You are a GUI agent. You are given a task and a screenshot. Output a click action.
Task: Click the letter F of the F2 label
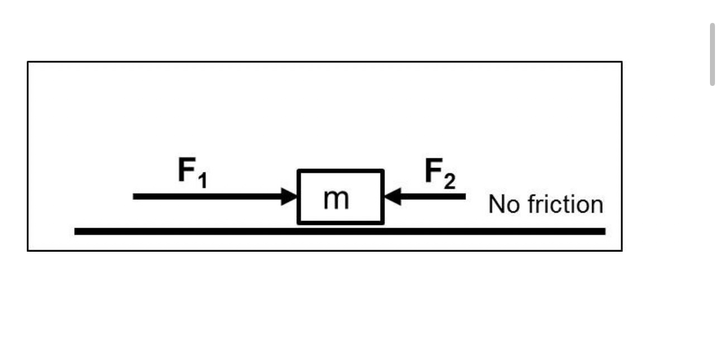tap(433, 170)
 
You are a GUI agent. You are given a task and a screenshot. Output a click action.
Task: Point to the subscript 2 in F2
tap(449, 181)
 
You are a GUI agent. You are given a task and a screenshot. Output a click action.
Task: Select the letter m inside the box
tap(337, 199)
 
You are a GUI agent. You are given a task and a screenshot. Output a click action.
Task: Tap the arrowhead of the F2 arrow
tap(392, 196)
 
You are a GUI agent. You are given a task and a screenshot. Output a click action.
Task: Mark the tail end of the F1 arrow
tap(135, 196)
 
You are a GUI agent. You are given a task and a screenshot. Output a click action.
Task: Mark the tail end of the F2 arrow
tap(464, 196)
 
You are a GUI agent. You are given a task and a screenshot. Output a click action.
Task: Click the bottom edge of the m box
tap(340, 222)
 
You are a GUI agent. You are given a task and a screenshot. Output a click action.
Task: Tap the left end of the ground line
tap(76, 231)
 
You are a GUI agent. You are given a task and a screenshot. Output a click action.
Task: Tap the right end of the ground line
tap(604, 231)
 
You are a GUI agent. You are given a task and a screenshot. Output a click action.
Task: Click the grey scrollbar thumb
tap(712, 54)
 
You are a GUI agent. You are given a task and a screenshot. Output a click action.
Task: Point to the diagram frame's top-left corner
tap(28, 62)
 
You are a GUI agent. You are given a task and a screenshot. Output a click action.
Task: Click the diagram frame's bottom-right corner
tap(621, 250)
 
